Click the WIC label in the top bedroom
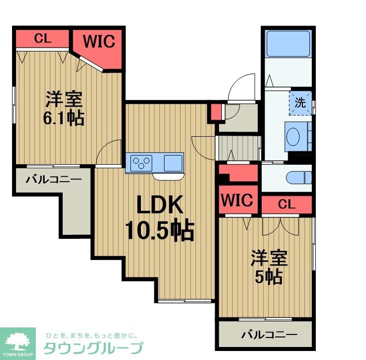(99, 41)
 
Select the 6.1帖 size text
(64, 118)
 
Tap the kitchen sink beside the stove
(173, 163)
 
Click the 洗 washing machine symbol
(300, 103)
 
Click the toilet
(299, 178)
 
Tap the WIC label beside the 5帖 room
(237, 200)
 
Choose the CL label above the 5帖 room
(286, 204)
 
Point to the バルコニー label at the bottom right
(269, 334)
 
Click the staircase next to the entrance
(238, 149)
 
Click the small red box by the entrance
(216, 112)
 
